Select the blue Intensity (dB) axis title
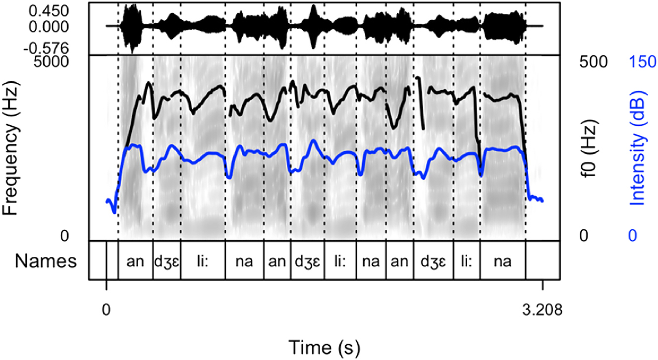pyautogui.click(x=640, y=147)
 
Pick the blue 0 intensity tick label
pyautogui.click(x=632, y=236)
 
